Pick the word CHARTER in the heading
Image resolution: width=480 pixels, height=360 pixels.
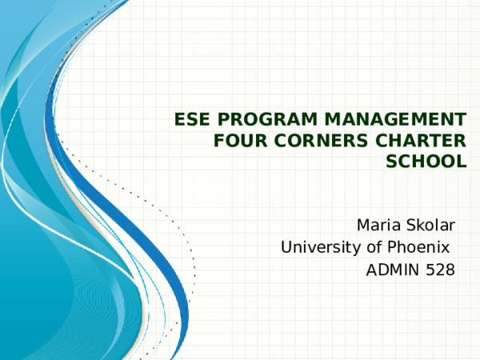coord(418,142)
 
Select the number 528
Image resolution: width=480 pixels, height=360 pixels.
coord(442,271)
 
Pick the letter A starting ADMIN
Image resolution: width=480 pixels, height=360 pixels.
coord(371,271)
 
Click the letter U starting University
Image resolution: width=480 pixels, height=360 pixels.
coord(286,247)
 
